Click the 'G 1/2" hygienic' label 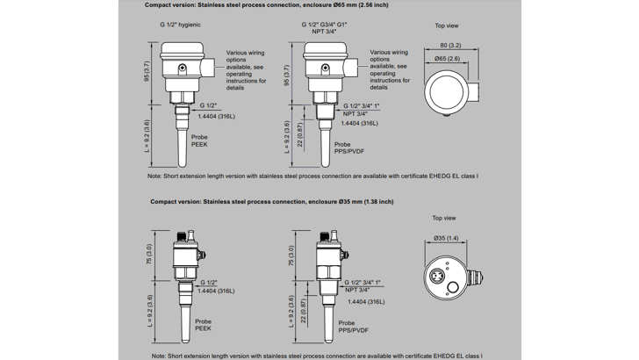click(182, 25)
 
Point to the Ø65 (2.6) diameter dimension click(447, 58)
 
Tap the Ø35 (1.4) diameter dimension click(446, 238)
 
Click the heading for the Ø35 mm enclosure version click(271, 201)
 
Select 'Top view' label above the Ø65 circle click(446, 25)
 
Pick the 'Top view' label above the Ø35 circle click(444, 218)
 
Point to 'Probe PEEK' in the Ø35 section click(202, 325)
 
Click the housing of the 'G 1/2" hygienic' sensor click(181, 57)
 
